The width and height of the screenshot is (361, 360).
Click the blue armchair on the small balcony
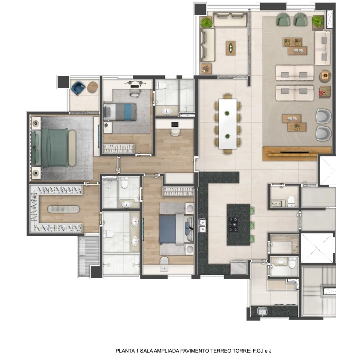coord(78,88)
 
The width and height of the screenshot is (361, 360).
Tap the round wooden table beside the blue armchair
coord(93,87)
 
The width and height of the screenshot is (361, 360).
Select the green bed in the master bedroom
coord(52,147)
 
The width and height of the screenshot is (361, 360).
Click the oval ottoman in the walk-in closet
coord(63,209)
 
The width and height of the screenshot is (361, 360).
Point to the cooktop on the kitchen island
coord(233,225)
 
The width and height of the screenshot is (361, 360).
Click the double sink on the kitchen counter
coord(203,226)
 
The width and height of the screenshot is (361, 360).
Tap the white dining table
coord(228,124)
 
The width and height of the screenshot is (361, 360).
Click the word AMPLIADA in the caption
coord(166,351)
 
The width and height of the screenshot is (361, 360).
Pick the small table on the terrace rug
coord(231,48)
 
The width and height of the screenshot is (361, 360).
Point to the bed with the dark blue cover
coord(176,229)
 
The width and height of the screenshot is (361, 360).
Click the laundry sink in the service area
coord(262,311)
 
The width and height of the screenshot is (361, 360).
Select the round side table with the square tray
coord(325,76)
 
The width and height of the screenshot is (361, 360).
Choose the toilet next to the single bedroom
coord(161,85)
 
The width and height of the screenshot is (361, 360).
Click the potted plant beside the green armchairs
coord(318,21)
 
